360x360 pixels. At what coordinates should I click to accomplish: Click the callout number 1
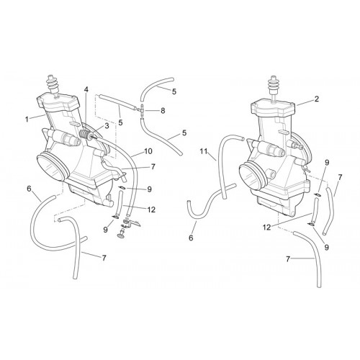pos(27,119)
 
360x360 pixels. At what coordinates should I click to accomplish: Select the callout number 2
pos(317,99)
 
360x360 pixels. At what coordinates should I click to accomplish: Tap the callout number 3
pos(107,125)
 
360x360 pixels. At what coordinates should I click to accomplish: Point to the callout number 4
pos(86,90)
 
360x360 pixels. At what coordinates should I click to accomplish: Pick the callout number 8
pos(163,111)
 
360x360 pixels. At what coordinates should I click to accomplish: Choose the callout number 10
pos(148,151)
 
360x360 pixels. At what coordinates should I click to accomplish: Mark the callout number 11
pos(204,151)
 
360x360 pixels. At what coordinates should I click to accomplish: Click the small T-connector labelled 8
pos(143,111)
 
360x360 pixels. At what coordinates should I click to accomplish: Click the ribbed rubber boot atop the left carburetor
pos(54,85)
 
